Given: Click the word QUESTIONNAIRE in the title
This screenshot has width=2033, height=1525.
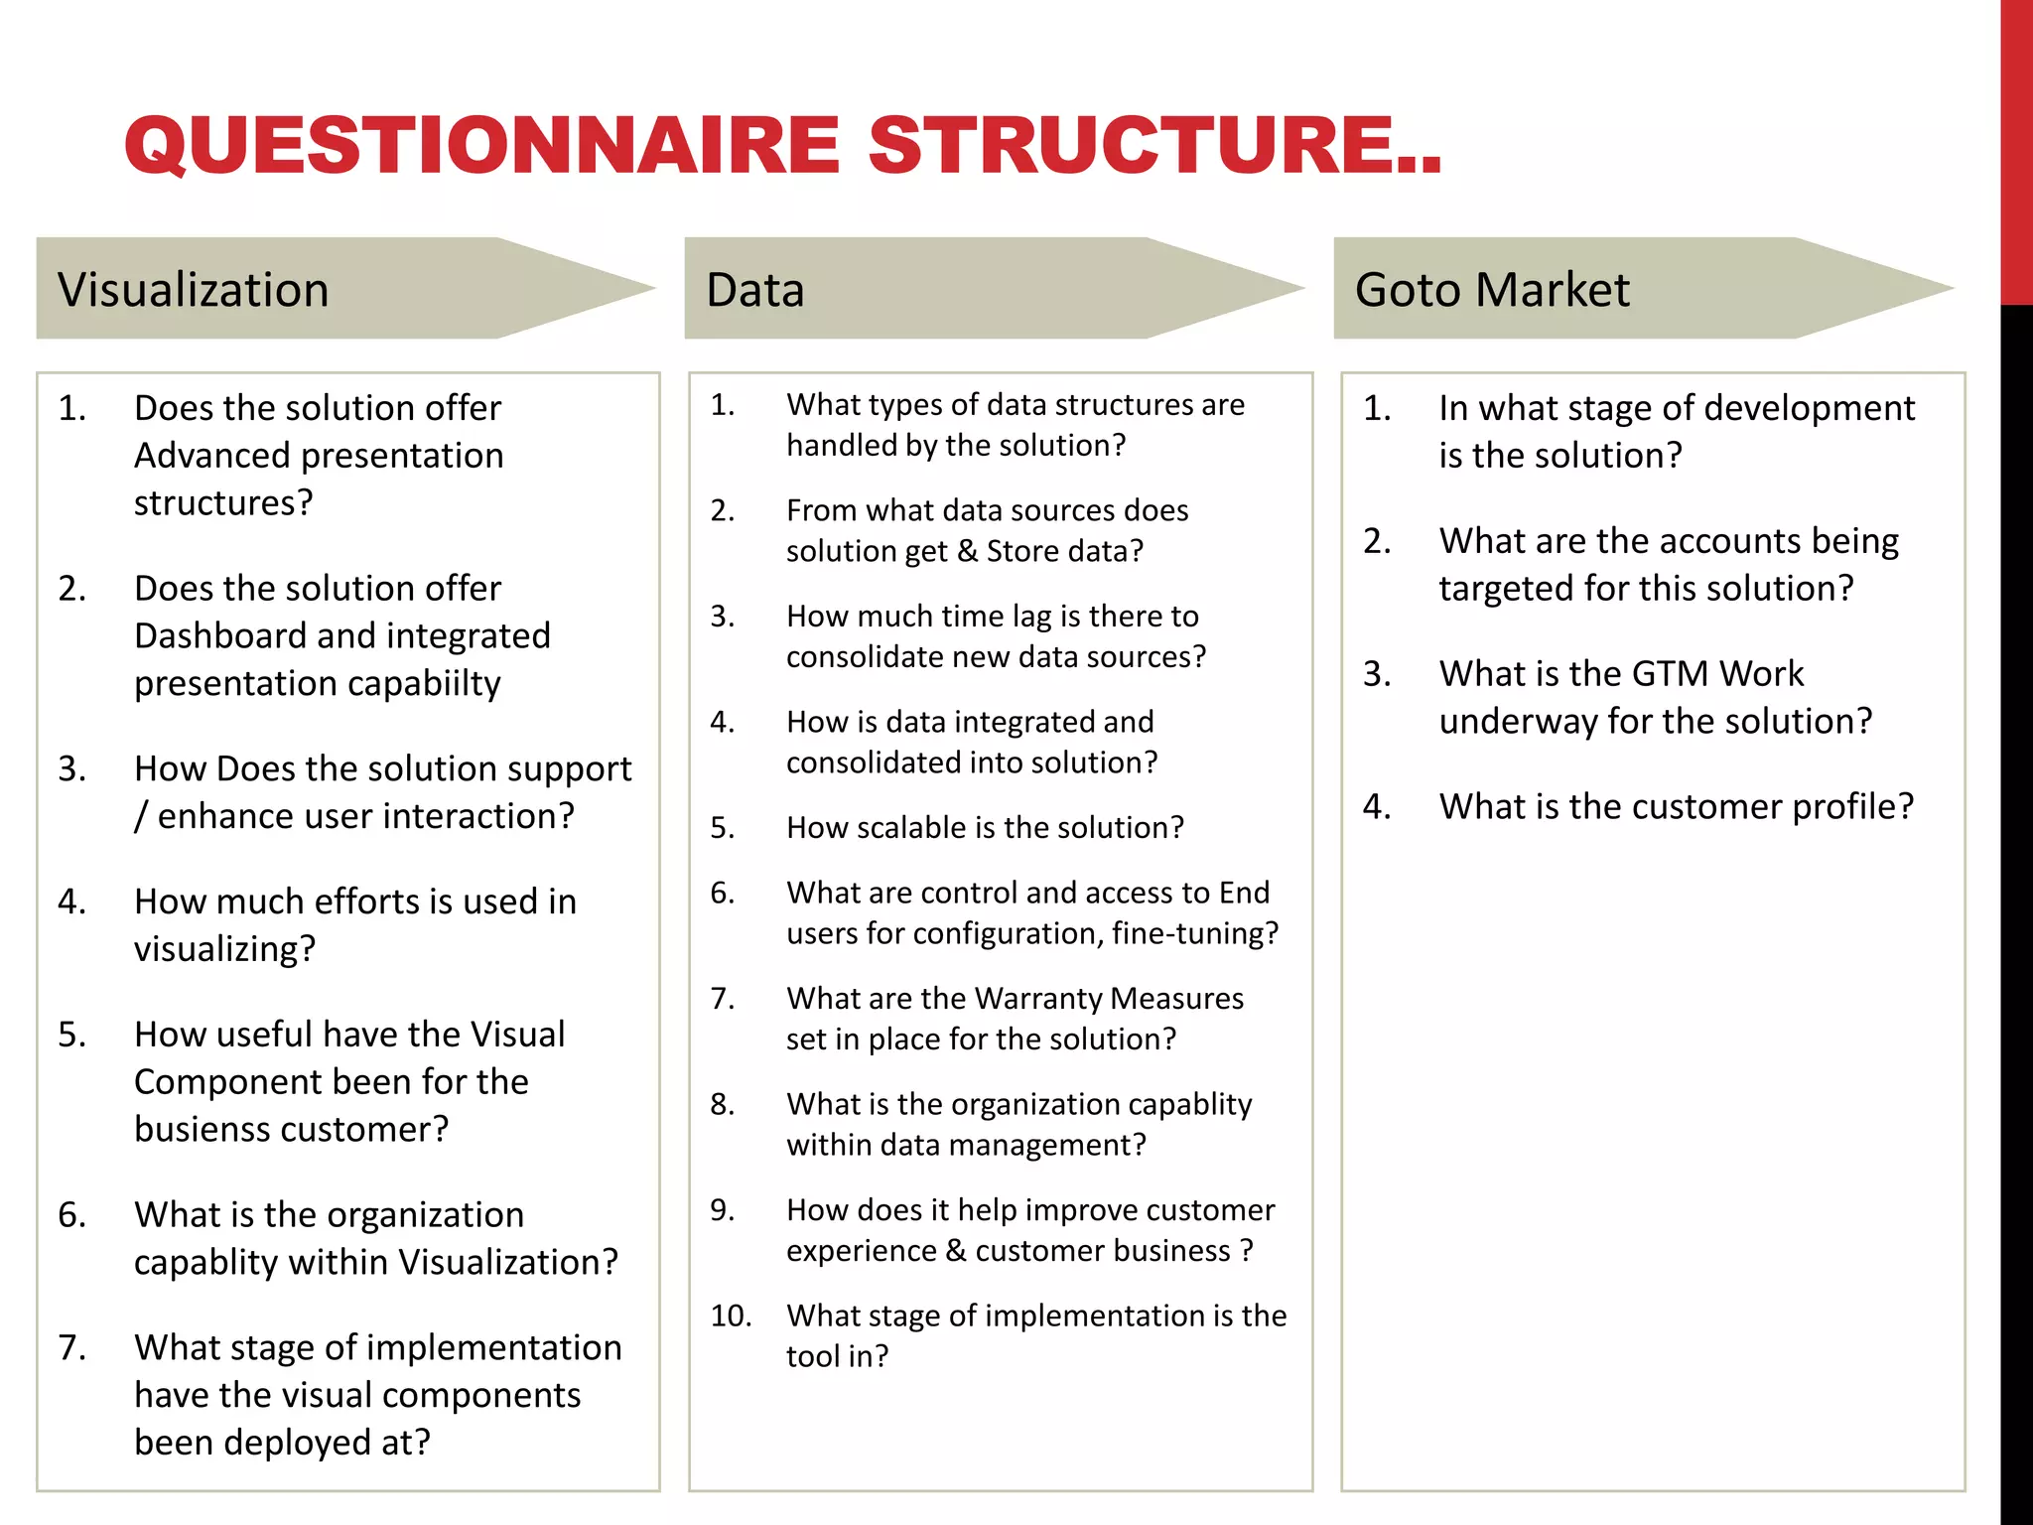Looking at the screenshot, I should tap(482, 145).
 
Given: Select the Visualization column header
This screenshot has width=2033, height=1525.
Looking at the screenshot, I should tap(193, 290).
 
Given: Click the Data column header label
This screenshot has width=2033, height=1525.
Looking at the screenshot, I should tap(754, 290).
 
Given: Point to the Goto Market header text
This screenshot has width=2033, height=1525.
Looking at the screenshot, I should tap(1491, 290).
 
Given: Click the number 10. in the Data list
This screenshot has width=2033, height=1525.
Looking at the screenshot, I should tap(731, 1316).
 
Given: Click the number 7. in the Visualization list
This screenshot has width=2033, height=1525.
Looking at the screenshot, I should tap(71, 1347).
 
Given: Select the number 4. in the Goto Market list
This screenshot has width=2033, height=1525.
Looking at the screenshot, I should tap(1377, 806).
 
